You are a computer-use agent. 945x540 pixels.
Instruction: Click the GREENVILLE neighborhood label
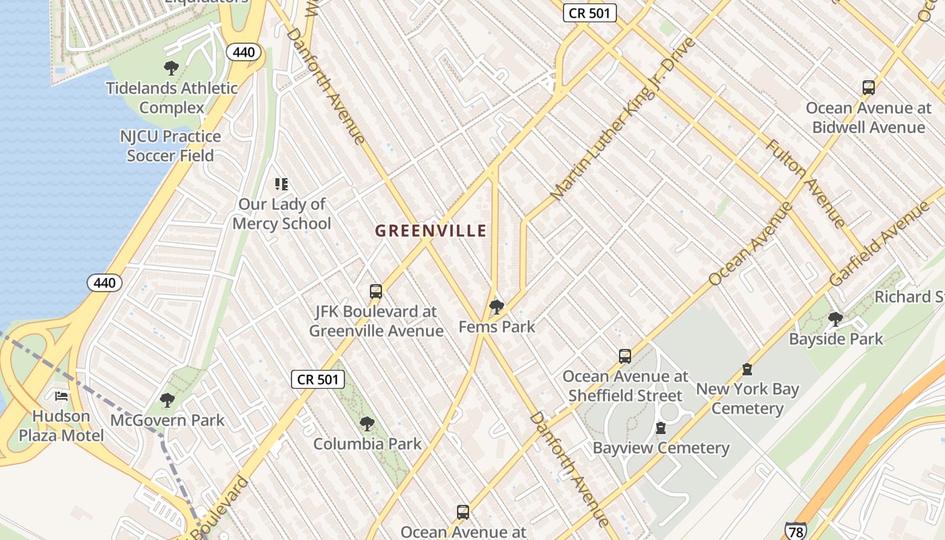coord(431,231)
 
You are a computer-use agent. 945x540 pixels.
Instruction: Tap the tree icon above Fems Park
coord(497,308)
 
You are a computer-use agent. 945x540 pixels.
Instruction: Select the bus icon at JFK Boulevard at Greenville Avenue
coord(376,292)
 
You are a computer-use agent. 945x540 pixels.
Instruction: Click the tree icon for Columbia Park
coord(367,424)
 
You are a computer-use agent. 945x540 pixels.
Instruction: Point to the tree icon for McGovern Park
coord(167,400)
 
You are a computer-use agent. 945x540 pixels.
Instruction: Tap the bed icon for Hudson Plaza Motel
coord(61,396)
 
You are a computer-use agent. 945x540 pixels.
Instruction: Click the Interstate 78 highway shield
coord(795,530)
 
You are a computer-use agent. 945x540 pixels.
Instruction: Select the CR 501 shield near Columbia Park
coord(318,379)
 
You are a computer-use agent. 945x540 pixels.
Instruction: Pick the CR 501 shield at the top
coord(590,13)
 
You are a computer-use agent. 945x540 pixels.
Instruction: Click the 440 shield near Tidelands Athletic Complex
coord(244,52)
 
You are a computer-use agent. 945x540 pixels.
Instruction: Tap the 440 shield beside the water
coord(105,283)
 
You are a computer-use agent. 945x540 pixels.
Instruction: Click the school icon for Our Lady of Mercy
coord(281,184)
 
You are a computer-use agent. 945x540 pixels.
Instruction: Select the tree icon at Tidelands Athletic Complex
coord(171,67)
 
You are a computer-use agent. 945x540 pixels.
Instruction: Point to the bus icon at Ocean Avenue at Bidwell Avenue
coord(869,87)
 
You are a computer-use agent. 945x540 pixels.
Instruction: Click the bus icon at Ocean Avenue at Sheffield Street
coord(625,356)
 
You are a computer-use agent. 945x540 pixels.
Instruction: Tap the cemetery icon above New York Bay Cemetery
coord(747,369)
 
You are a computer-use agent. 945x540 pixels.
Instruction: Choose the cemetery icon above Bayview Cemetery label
coord(661,428)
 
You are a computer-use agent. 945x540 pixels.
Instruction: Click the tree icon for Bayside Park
coord(836,319)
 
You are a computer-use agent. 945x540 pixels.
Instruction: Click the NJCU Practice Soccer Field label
coord(171,146)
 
